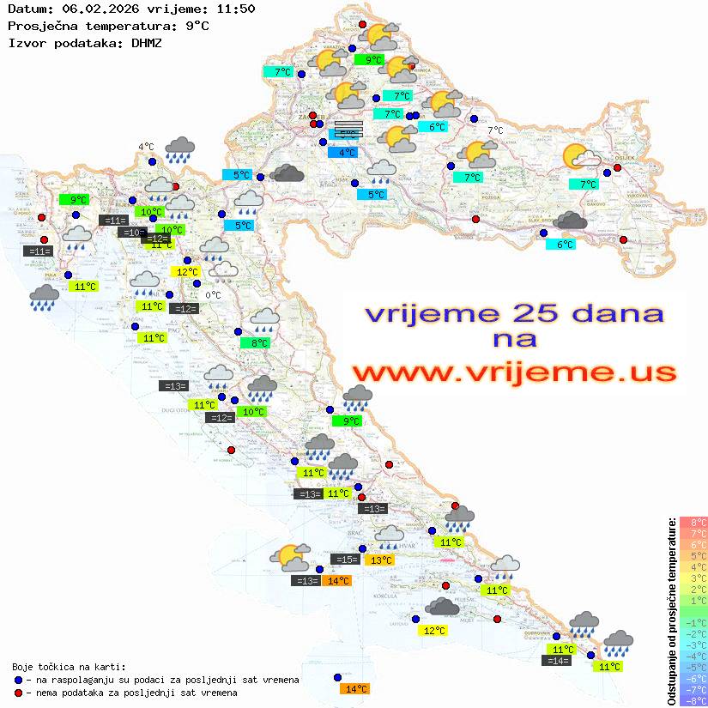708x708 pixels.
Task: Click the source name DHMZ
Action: [x=147, y=42]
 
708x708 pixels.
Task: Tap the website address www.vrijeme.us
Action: [x=514, y=372]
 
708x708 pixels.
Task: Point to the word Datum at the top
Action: [x=25, y=9]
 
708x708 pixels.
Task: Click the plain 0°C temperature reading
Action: [x=213, y=295]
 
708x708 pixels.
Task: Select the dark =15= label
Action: [x=345, y=560]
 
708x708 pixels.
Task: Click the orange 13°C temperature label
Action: [x=379, y=560]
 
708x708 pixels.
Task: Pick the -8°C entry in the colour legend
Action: [x=693, y=701]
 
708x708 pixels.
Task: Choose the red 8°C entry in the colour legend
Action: [x=693, y=522]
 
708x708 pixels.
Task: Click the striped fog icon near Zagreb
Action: [x=348, y=129]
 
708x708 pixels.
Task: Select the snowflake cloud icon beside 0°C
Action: [x=225, y=271]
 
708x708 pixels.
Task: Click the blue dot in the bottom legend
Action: [x=19, y=680]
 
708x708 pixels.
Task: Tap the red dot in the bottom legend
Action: [x=19, y=693]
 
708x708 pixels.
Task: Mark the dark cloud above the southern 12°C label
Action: [x=442, y=608]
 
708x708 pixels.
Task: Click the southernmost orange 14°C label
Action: [x=354, y=688]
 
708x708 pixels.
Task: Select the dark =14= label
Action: [x=556, y=661]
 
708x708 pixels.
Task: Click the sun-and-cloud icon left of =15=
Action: [x=289, y=558]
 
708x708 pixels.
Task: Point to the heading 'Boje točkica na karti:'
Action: [x=69, y=667]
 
